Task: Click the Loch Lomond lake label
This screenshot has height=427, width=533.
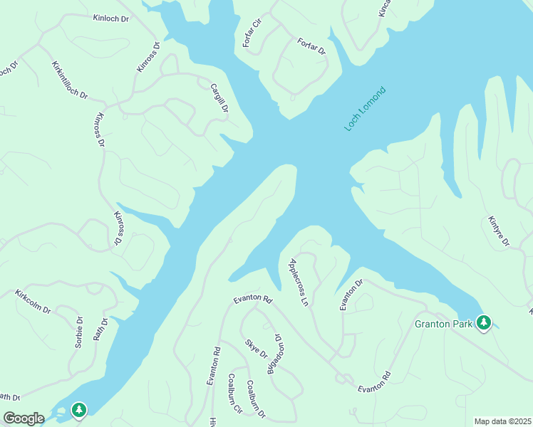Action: (x=365, y=109)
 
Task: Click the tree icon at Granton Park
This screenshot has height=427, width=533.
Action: (x=484, y=323)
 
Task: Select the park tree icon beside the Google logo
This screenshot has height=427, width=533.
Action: (x=79, y=410)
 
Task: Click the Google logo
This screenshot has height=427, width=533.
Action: (x=24, y=418)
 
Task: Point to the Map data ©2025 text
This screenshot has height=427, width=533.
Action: (x=502, y=421)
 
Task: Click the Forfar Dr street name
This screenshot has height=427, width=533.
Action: (x=311, y=47)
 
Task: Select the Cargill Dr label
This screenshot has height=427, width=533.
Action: (x=219, y=99)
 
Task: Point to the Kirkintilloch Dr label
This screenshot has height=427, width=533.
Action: (x=69, y=80)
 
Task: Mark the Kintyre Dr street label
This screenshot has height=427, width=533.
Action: (x=498, y=231)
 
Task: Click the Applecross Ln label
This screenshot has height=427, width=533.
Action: (x=298, y=283)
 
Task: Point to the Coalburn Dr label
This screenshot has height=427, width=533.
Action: (x=255, y=399)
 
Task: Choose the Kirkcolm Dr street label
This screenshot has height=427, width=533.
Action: (x=33, y=302)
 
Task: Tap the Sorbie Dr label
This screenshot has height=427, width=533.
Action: (x=79, y=332)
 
